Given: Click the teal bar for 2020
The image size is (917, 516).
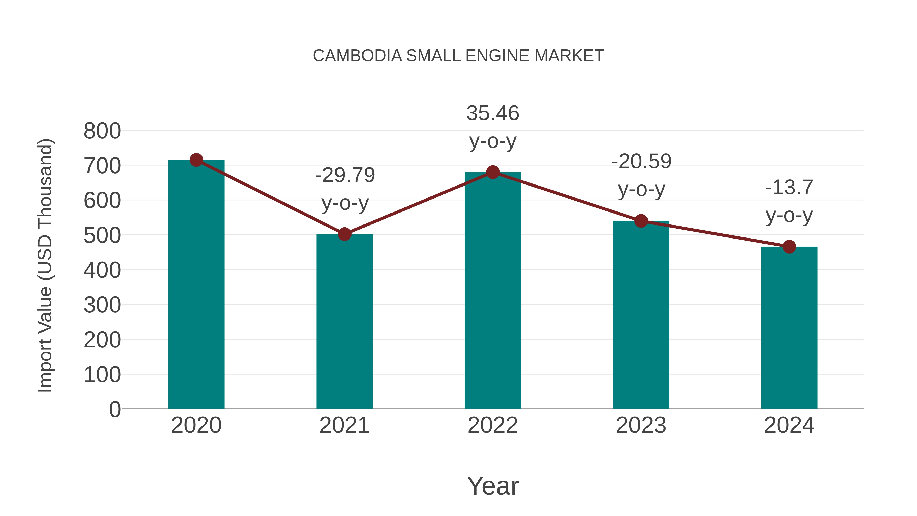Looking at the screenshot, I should click(196, 285).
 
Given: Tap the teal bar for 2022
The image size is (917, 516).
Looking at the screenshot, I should click(493, 290).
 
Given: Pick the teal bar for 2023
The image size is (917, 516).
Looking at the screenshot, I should click(641, 315).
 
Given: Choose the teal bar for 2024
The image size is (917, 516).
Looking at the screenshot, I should click(789, 328).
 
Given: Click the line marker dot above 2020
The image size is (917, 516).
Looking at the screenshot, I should click(196, 160).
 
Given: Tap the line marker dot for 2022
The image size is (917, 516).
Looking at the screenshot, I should click(493, 172).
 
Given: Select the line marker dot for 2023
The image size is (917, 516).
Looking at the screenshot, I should click(641, 221).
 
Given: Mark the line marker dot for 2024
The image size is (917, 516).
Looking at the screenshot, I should click(789, 247).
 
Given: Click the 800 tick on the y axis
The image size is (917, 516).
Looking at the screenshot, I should click(102, 131).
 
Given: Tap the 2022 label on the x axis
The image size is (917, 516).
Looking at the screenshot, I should click(493, 425).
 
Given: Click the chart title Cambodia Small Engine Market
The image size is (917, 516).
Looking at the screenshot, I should click(458, 56).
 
